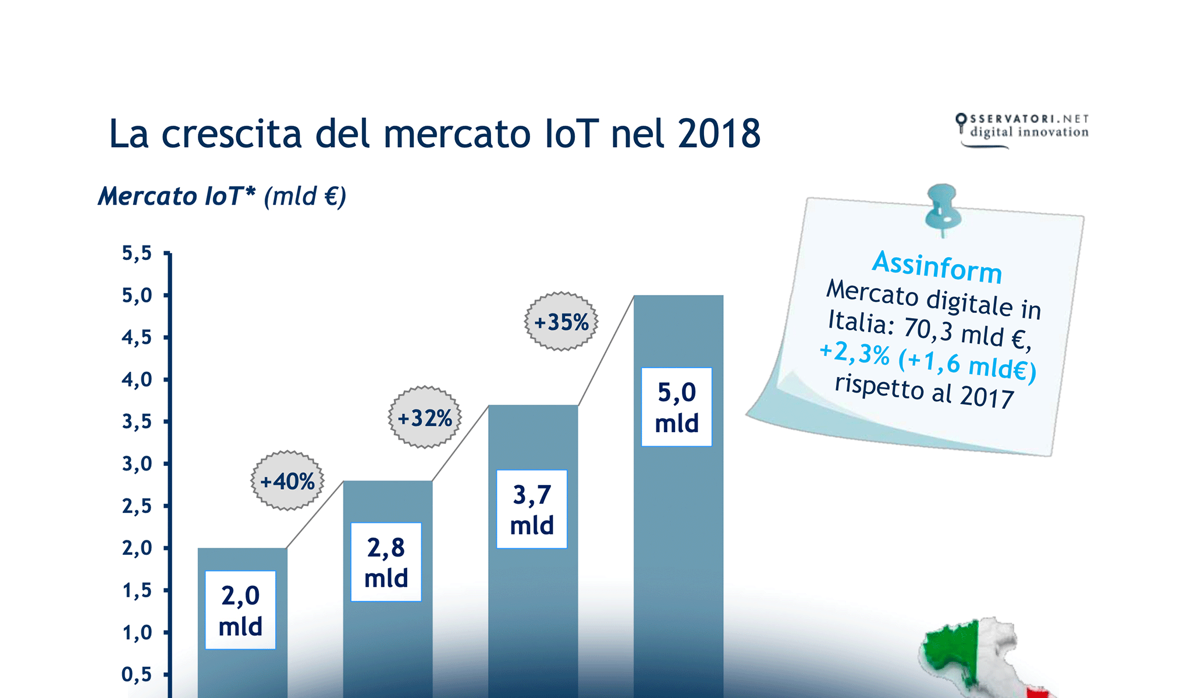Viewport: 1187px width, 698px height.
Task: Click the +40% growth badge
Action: [x=287, y=481]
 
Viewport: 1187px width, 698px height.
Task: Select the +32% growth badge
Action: [x=425, y=418]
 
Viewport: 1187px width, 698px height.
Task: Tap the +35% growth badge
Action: [x=561, y=322]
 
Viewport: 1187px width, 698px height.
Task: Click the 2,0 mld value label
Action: [x=240, y=610]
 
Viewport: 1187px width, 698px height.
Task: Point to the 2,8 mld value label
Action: [x=386, y=562]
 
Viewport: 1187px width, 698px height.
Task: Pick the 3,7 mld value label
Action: [x=532, y=510]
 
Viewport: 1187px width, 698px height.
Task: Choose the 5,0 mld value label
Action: [x=677, y=407]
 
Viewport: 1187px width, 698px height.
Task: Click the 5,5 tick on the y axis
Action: [x=137, y=253]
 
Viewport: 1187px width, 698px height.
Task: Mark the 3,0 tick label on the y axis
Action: [x=137, y=464]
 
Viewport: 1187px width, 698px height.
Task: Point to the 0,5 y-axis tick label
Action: [x=137, y=674]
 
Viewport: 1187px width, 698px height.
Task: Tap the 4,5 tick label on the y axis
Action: [x=137, y=337]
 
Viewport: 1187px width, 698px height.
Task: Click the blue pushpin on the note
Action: [x=943, y=206]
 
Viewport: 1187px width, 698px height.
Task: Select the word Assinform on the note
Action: [x=937, y=266]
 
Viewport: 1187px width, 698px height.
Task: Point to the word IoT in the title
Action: [x=571, y=133]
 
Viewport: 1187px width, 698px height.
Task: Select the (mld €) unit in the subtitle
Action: [x=305, y=196]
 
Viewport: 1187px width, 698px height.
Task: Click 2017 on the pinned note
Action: [x=987, y=397]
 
